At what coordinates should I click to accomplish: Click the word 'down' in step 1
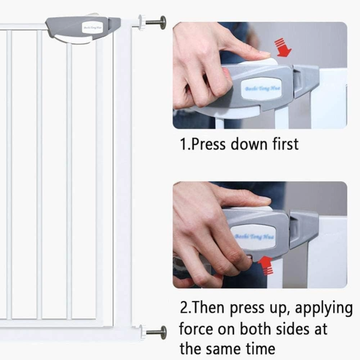click(248, 144)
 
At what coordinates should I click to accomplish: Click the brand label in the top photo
click(262, 88)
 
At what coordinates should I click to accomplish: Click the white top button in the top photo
click(263, 62)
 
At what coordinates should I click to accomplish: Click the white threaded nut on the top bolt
click(142, 23)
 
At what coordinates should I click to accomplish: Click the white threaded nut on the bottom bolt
click(142, 332)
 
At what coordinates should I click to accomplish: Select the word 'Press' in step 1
click(209, 144)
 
